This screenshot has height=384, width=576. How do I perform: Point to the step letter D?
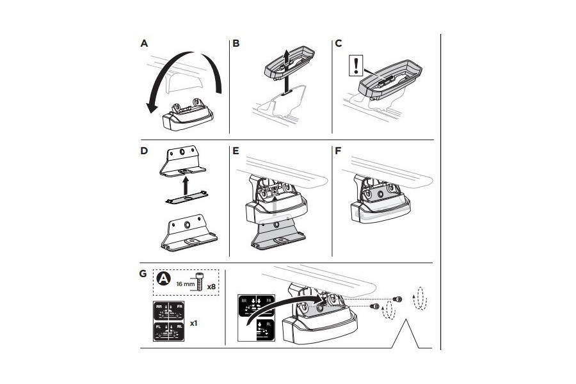point(144,152)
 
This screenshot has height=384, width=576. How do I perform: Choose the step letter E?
point(236,152)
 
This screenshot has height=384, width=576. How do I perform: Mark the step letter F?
point(339,152)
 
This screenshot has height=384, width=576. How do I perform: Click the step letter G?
point(144,274)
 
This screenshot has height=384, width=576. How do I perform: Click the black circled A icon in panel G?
point(164,279)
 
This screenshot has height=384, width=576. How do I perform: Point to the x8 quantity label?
point(211,286)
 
